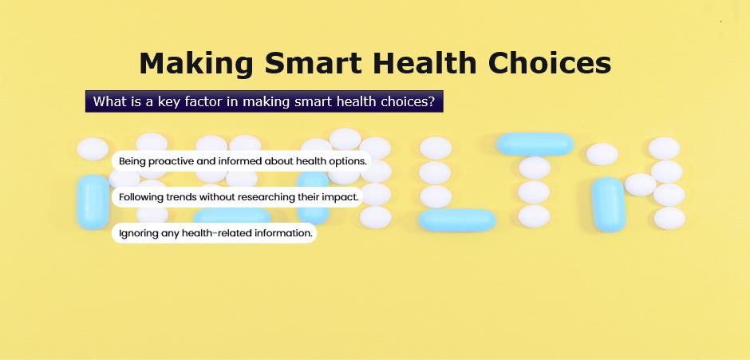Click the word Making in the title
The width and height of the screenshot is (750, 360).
(196, 64)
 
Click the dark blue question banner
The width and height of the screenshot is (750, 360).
(264, 101)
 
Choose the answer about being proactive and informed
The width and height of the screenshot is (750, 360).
(242, 161)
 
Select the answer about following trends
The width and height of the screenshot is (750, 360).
(238, 196)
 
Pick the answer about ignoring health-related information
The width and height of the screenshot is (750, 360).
(215, 233)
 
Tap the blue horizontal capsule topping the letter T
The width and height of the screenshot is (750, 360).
(535, 144)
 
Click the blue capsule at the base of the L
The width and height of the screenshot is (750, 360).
(457, 220)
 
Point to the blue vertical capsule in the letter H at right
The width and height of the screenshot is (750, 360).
(609, 204)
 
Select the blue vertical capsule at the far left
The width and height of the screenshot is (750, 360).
(93, 201)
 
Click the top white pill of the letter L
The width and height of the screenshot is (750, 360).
(436, 148)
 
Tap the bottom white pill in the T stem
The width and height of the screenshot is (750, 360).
(534, 216)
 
